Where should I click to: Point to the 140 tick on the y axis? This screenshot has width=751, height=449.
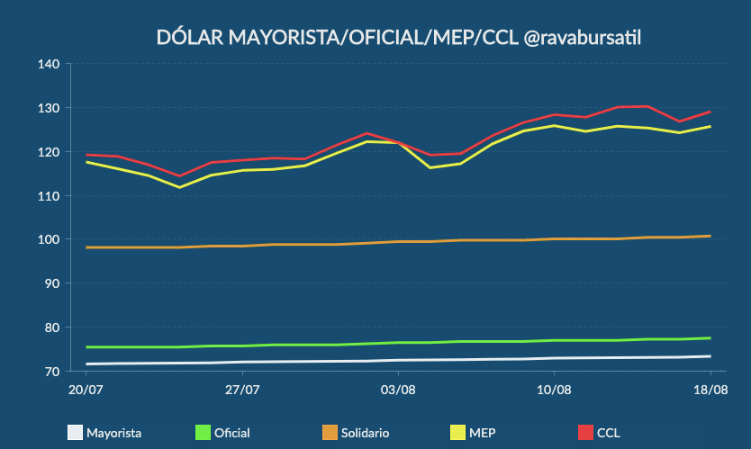49,64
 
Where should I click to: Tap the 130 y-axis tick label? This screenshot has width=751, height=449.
49,108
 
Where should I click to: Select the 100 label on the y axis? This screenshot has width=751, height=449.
49,239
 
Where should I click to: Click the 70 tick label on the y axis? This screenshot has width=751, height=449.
51,371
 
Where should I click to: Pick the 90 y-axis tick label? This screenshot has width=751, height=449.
51,283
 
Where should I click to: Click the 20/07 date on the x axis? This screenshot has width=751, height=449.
85,390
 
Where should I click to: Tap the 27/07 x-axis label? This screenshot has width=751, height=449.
242,390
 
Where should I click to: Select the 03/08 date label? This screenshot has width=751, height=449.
398,390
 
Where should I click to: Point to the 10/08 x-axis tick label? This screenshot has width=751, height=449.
554,390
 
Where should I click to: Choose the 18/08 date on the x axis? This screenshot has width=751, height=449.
710,390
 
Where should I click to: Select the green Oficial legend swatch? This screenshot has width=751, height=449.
203,433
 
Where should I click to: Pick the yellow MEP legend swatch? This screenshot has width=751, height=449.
457,433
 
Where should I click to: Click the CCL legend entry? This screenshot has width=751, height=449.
598,433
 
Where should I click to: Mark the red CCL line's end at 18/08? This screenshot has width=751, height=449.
710,112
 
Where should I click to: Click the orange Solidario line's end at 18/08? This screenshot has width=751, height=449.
710,236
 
